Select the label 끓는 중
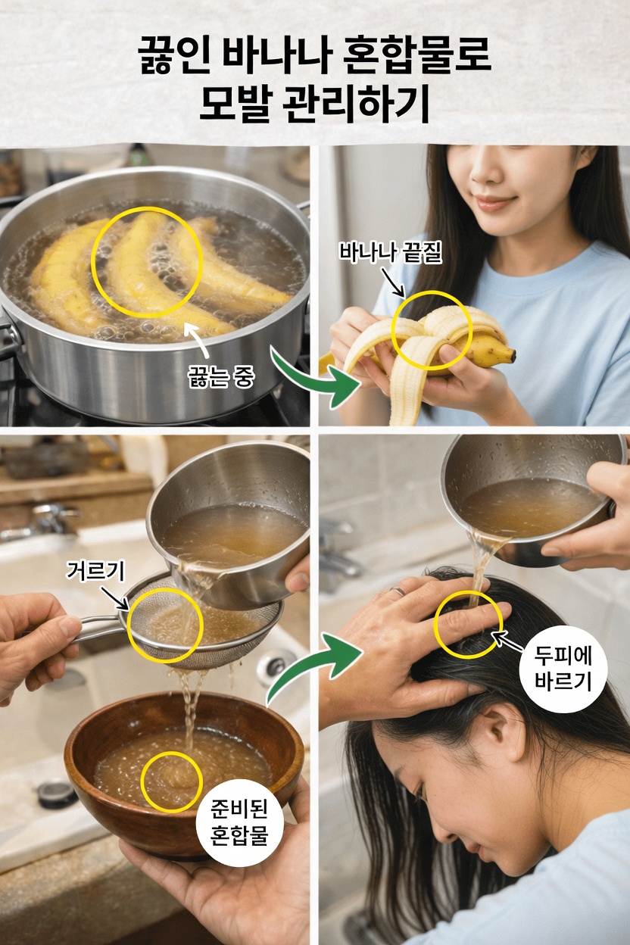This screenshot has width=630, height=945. click(220, 376)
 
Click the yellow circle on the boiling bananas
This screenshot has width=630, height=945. click(148, 261)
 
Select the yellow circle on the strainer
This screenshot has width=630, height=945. click(165, 625)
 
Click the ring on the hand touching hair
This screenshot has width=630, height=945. click(395, 591)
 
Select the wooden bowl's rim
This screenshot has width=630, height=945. click(182, 704)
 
